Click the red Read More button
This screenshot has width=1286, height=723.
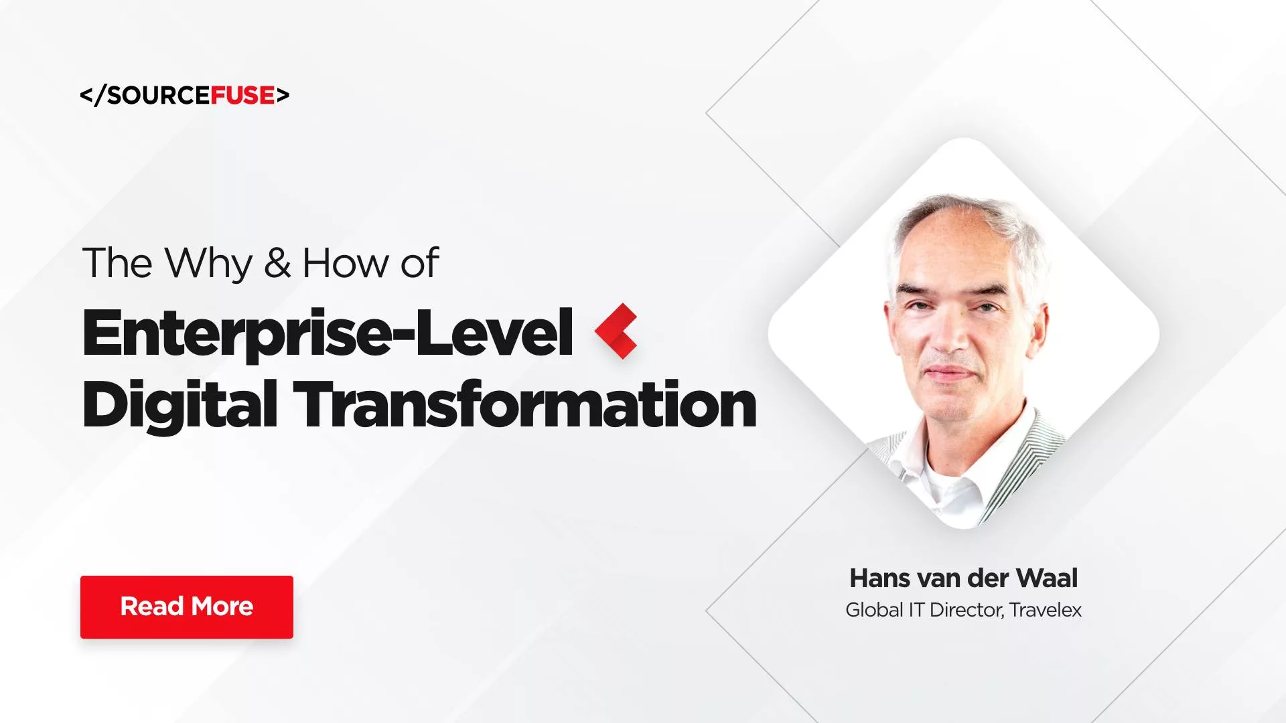point(187,607)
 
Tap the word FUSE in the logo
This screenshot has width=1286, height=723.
point(242,96)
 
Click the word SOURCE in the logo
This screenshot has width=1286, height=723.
point(159,96)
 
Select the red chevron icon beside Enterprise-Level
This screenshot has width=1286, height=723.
point(616,331)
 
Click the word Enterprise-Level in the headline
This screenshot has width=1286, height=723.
point(327,333)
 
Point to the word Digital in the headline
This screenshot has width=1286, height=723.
point(180,404)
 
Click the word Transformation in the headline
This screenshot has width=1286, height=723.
point(524,404)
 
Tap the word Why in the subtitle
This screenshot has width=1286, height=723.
point(208,263)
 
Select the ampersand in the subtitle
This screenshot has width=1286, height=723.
point(277,263)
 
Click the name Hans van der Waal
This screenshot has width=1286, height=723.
point(963,578)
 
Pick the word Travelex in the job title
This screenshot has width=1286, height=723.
point(1046,610)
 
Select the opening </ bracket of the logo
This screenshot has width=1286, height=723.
point(92,96)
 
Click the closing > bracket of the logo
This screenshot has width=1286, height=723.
point(283,96)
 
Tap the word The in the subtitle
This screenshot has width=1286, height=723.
point(117,263)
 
